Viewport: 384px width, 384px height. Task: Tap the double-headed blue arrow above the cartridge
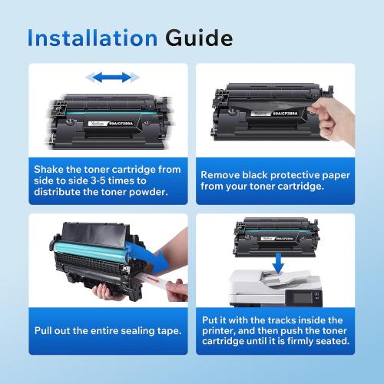point(112,77)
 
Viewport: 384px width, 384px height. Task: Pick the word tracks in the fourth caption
point(271,320)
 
